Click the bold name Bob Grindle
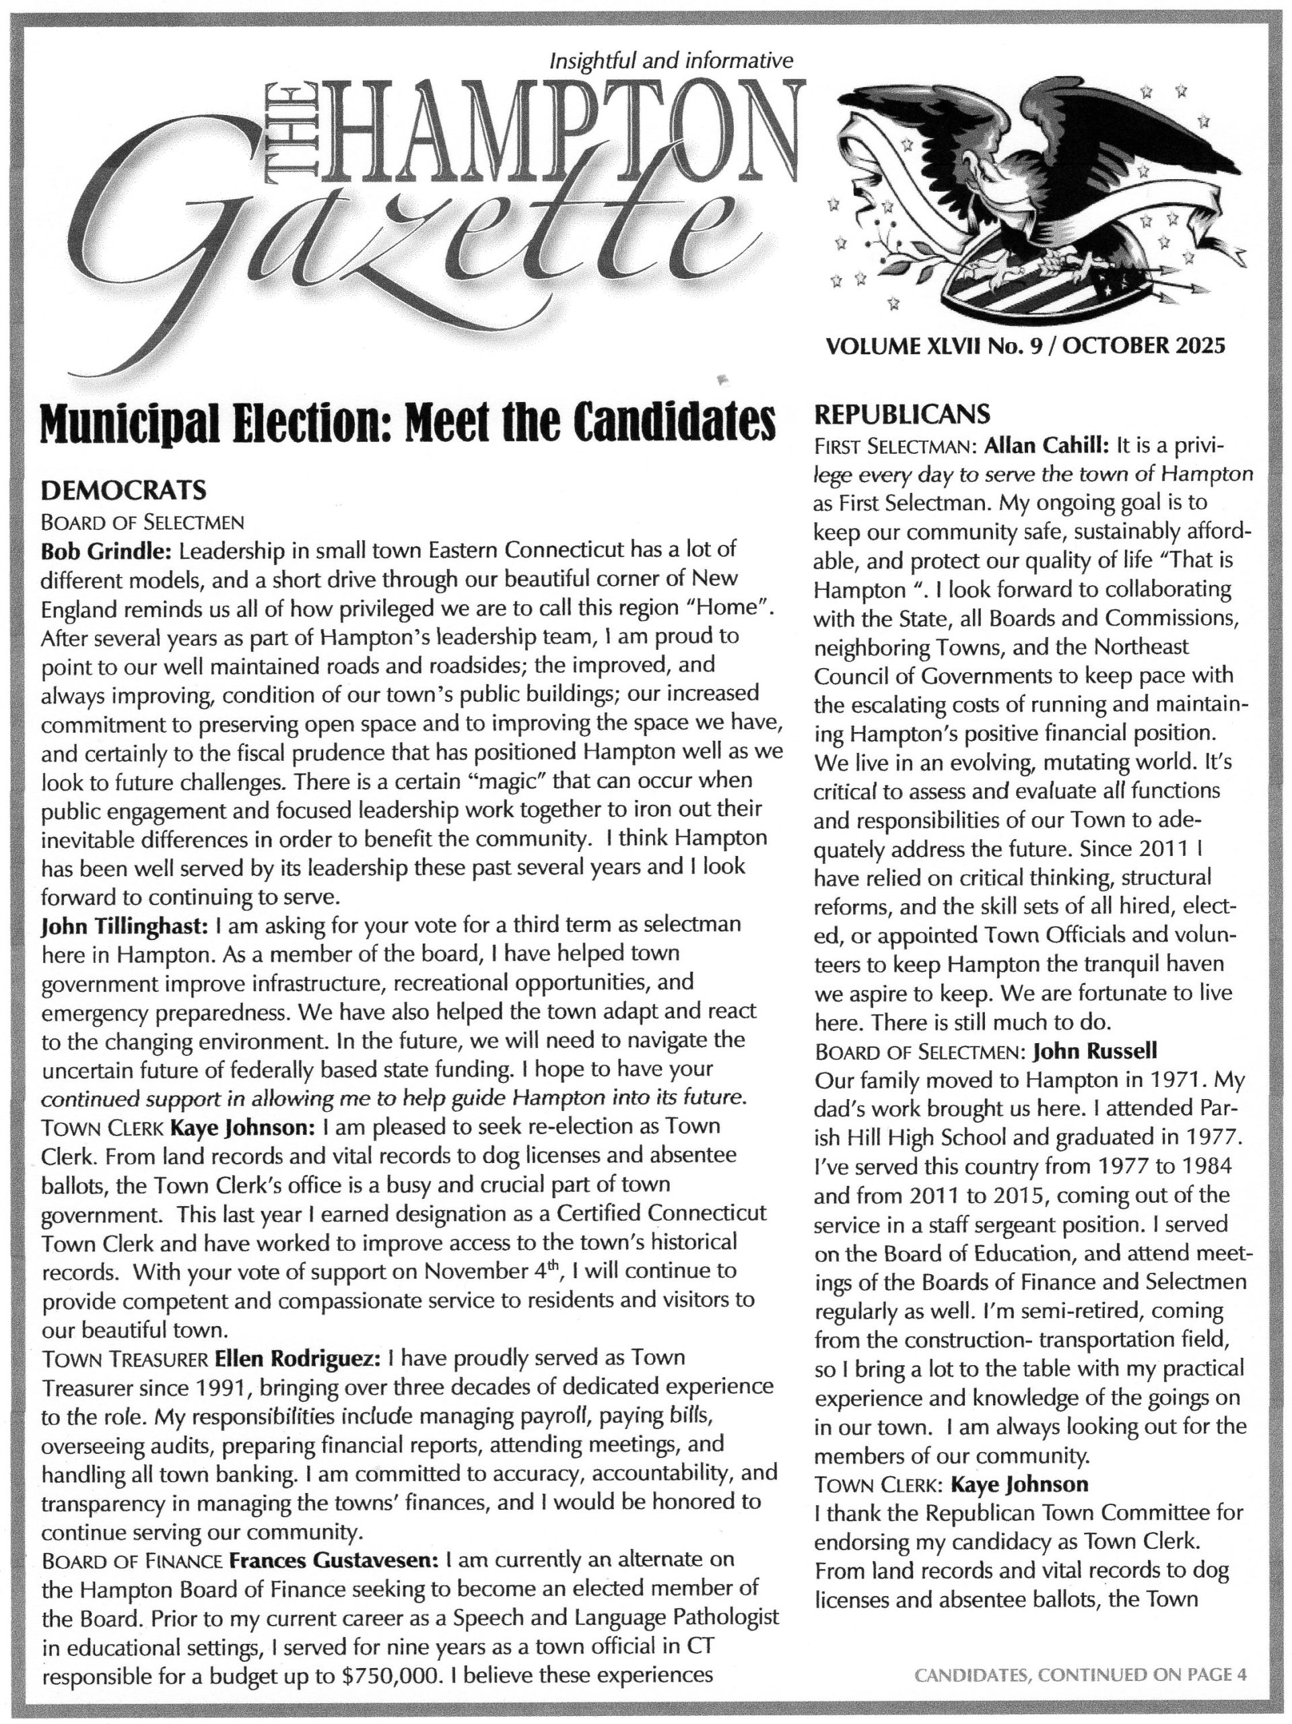(105, 551)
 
